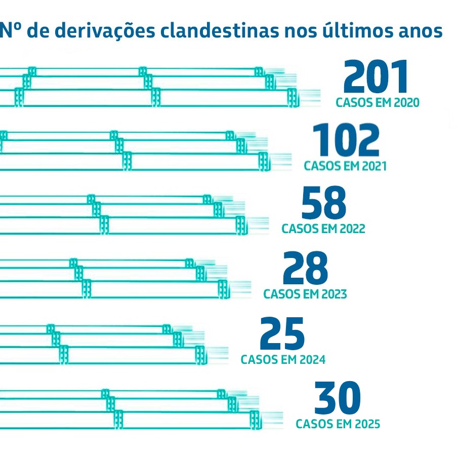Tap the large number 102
[x=346, y=141]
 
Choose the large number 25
[x=282, y=334]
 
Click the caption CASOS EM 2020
[x=378, y=103]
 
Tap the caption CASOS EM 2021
[x=345, y=166]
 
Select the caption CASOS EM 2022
[x=323, y=229]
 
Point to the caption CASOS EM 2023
[x=305, y=294]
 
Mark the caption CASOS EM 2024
[x=283, y=360]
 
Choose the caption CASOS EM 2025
[x=338, y=424]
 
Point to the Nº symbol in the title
[x=11, y=31]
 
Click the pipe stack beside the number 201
[x=152, y=87]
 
